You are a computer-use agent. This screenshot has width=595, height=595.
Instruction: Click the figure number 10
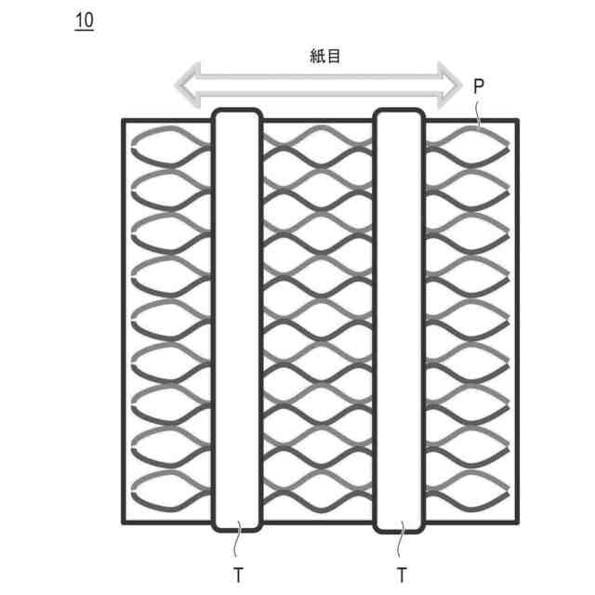(84, 20)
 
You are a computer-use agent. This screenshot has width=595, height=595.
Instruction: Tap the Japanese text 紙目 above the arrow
(325, 56)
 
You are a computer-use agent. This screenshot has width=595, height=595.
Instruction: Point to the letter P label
(478, 86)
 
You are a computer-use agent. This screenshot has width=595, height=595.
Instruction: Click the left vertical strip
(238, 321)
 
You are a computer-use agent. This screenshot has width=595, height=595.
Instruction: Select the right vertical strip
(400, 321)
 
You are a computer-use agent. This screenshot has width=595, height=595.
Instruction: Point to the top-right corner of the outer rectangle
(518, 121)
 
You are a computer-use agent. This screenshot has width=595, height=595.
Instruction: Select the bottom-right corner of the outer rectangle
(518, 522)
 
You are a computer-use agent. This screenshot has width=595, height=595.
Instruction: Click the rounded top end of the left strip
(238, 113)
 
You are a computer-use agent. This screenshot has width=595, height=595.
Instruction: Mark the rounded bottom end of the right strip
(400, 528)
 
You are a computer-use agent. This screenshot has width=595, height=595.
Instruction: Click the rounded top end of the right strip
(400, 113)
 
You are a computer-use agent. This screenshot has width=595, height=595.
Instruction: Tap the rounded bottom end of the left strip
(238, 528)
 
